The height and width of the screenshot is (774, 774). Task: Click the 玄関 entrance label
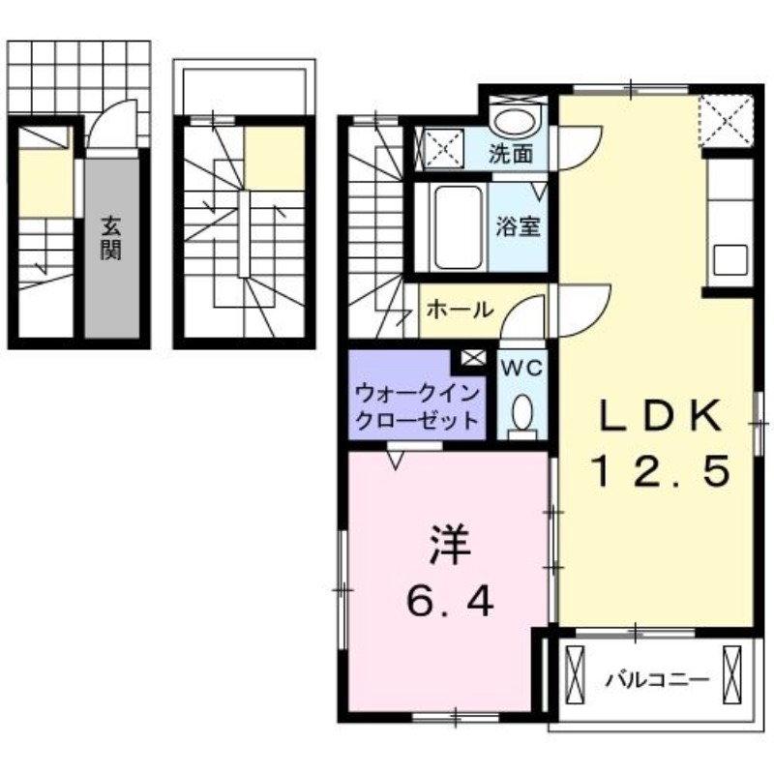(x=111, y=239)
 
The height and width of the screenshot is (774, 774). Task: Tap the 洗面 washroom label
(x=510, y=153)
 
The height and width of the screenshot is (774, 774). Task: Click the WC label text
(x=522, y=369)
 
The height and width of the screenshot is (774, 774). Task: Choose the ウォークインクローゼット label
(x=418, y=407)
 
